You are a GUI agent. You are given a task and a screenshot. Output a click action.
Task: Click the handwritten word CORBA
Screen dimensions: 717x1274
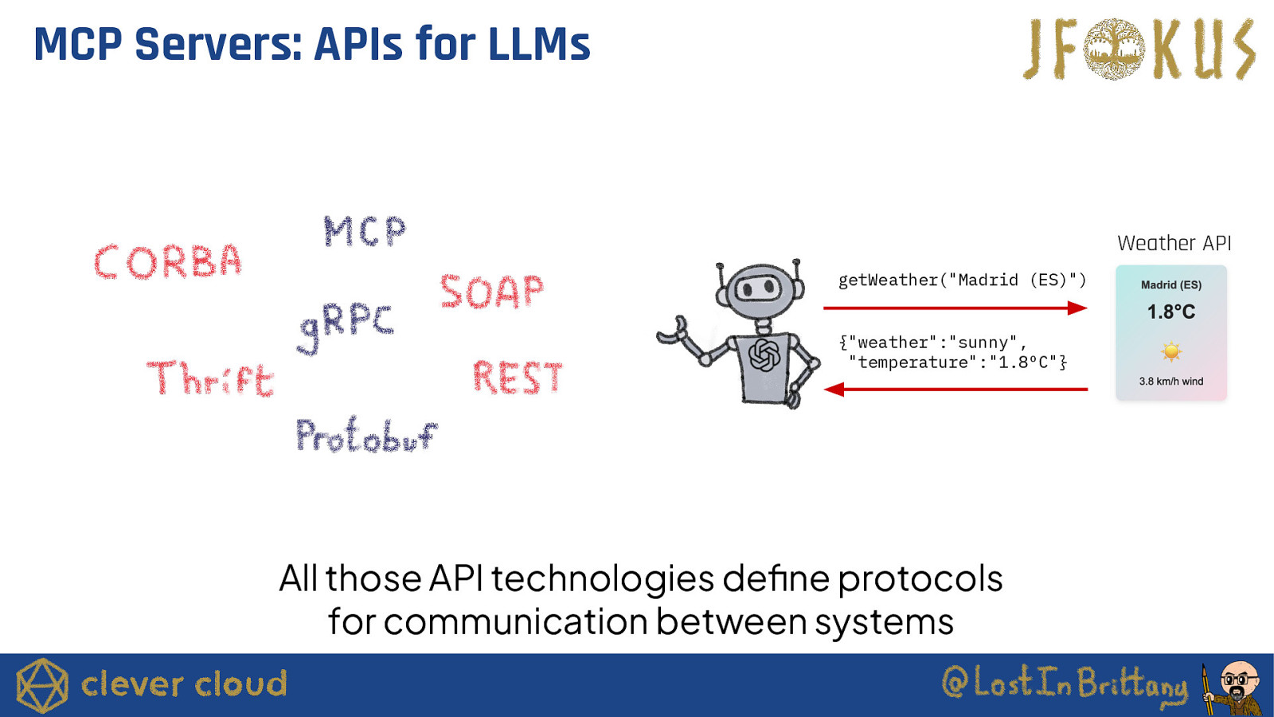[x=168, y=262]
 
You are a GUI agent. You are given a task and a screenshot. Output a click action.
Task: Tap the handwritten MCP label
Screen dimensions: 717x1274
[x=365, y=231]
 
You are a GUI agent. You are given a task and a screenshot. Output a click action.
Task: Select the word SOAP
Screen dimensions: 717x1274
[x=492, y=292]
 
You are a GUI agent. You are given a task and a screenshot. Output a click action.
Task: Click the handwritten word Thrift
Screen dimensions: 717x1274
[x=211, y=378]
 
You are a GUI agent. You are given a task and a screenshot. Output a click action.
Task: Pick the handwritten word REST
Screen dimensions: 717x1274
[x=518, y=377]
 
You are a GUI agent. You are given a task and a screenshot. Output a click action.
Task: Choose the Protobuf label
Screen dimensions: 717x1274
[x=365, y=435]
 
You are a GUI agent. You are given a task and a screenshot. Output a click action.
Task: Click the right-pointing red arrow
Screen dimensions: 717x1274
[x=955, y=308]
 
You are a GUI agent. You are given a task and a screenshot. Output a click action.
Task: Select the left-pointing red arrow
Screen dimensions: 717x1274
[x=955, y=390]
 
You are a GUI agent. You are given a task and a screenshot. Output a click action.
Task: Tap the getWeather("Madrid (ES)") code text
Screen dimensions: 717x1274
[x=962, y=280]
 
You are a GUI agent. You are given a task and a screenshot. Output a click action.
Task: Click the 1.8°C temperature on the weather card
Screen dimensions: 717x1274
[x=1170, y=311]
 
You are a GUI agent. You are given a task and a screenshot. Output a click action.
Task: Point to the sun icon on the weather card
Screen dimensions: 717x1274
[x=1170, y=351]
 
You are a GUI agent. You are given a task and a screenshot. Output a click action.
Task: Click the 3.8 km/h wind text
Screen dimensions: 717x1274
[x=1170, y=382]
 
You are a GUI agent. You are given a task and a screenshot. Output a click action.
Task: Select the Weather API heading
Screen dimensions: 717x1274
[x=1174, y=243]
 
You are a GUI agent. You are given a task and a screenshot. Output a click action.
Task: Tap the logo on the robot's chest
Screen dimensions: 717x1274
[x=764, y=355]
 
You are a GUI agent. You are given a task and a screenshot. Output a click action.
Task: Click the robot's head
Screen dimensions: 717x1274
[x=760, y=289]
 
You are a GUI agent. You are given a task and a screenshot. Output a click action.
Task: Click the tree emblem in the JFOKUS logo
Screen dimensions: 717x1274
[x=1114, y=49]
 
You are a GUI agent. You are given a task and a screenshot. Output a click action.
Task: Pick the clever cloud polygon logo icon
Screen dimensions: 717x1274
[x=42, y=685]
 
